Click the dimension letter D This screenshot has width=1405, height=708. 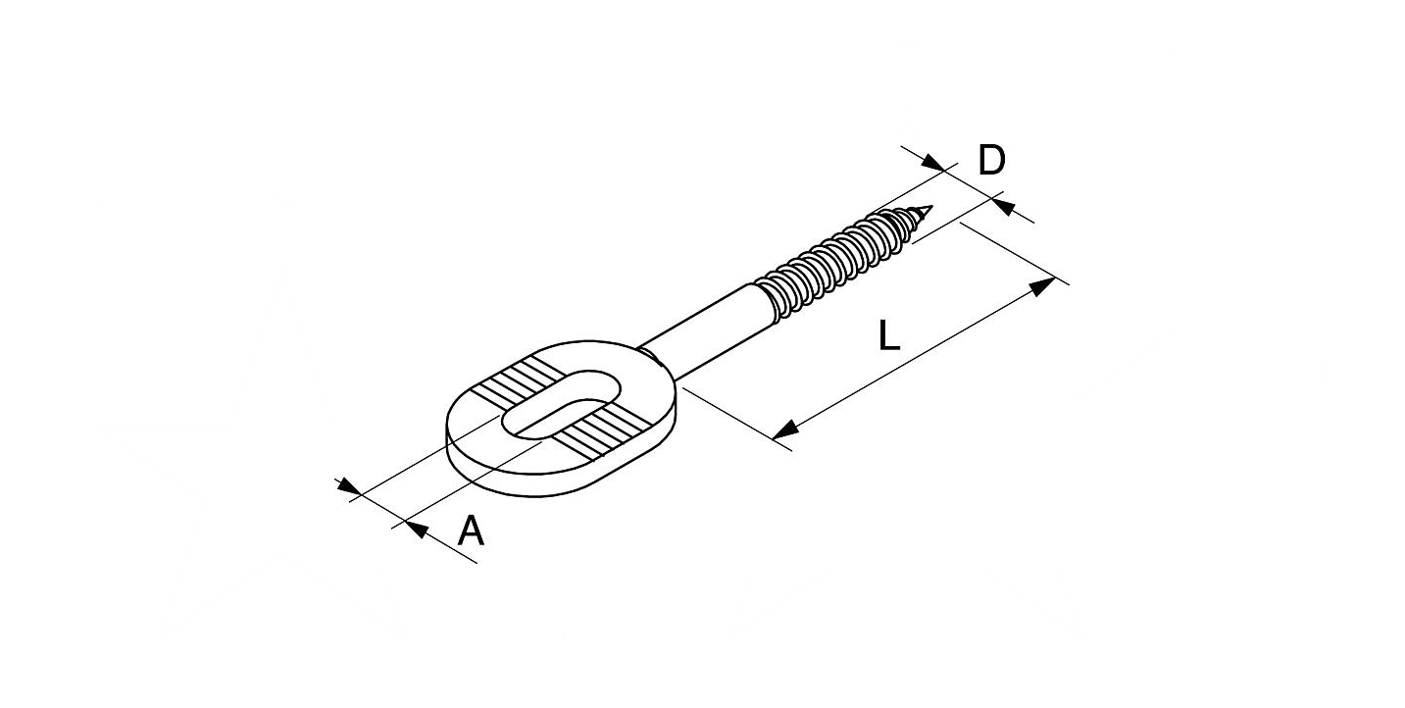[x=991, y=160]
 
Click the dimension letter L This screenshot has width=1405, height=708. [x=889, y=334]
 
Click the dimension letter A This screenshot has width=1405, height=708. [x=471, y=531]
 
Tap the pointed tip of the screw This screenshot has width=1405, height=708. [x=932, y=206]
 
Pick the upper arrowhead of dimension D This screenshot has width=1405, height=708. [x=932, y=162]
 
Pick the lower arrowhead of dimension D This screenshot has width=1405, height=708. [x=1004, y=206]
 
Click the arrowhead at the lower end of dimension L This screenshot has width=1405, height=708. [x=785, y=430]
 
